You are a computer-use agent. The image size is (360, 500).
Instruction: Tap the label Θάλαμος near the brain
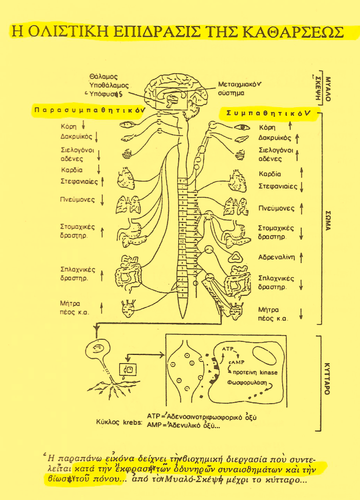(x=103, y=77)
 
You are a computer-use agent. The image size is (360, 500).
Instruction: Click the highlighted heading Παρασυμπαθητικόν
(x=88, y=111)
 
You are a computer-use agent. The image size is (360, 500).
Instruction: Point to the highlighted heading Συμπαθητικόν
(x=267, y=113)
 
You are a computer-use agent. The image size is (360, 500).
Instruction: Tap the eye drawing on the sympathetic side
(x=241, y=127)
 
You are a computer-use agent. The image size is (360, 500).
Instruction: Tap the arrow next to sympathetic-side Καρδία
(x=301, y=173)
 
